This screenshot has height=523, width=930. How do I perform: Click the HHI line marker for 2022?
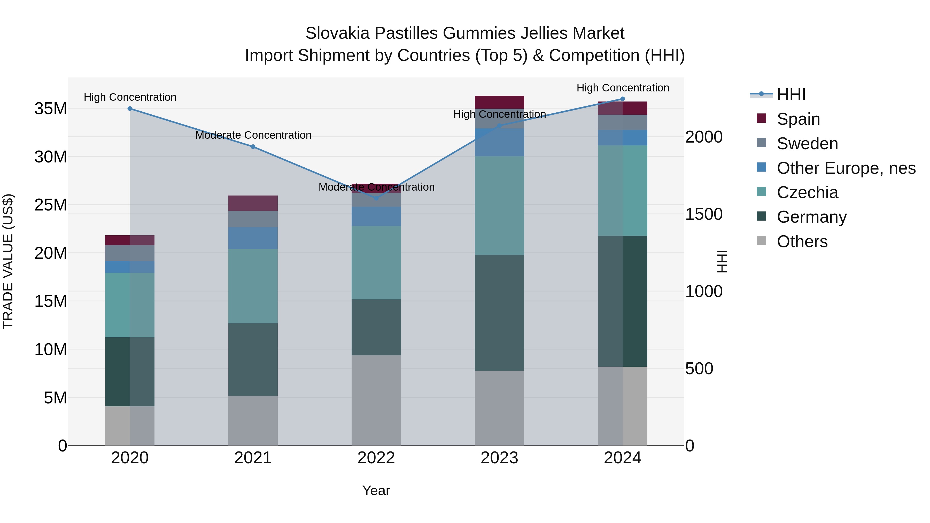tap(376, 198)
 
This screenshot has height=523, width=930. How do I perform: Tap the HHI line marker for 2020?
tap(130, 109)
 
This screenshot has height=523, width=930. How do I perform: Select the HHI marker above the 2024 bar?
tap(622, 99)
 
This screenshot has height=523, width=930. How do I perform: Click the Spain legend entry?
tap(798, 119)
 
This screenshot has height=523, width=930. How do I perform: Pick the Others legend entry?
tap(802, 241)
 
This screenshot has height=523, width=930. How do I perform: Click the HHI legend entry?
tap(791, 95)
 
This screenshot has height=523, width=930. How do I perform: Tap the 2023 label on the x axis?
tap(499, 458)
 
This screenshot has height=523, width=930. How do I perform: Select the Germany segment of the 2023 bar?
tap(499, 313)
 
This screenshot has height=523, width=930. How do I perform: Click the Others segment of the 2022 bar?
tap(376, 400)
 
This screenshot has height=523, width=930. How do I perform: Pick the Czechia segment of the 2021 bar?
tap(253, 286)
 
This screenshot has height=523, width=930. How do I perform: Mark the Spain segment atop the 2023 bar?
tap(499, 102)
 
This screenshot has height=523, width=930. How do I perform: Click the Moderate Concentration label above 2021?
tap(253, 135)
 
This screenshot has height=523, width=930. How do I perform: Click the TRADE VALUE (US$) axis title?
tap(8, 261)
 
